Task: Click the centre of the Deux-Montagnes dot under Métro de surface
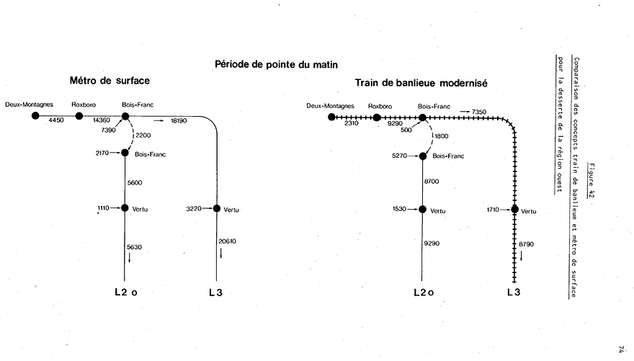click(x=35, y=116)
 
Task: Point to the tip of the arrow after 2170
click(x=121, y=153)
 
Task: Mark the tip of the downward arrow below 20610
click(x=220, y=258)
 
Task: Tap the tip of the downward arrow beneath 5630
click(x=130, y=263)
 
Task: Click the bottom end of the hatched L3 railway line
click(x=514, y=282)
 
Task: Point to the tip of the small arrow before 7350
click(x=470, y=112)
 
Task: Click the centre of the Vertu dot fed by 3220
click(x=217, y=208)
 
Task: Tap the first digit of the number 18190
click(x=172, y=121)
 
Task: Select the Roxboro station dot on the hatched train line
click(x=377, y=117)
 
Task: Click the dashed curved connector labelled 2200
click(x=133, y=135)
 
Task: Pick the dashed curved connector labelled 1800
click(x=431, y=136)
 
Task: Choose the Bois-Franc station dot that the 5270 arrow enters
click(x=423, y=156)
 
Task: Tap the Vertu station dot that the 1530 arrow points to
click(x=422, y=210)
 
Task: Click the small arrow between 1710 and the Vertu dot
click(x=505, y=210)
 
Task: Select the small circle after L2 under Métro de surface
click(x=134, y=293)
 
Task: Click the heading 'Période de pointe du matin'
click(x=276, y=65)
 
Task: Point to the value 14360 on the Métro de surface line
click(x=102, y=120)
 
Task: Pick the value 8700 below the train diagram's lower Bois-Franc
click(x=432, y=182)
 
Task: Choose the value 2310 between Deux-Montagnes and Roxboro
click(x=352, y=123)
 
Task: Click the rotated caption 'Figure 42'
click(x=591, y=180)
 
